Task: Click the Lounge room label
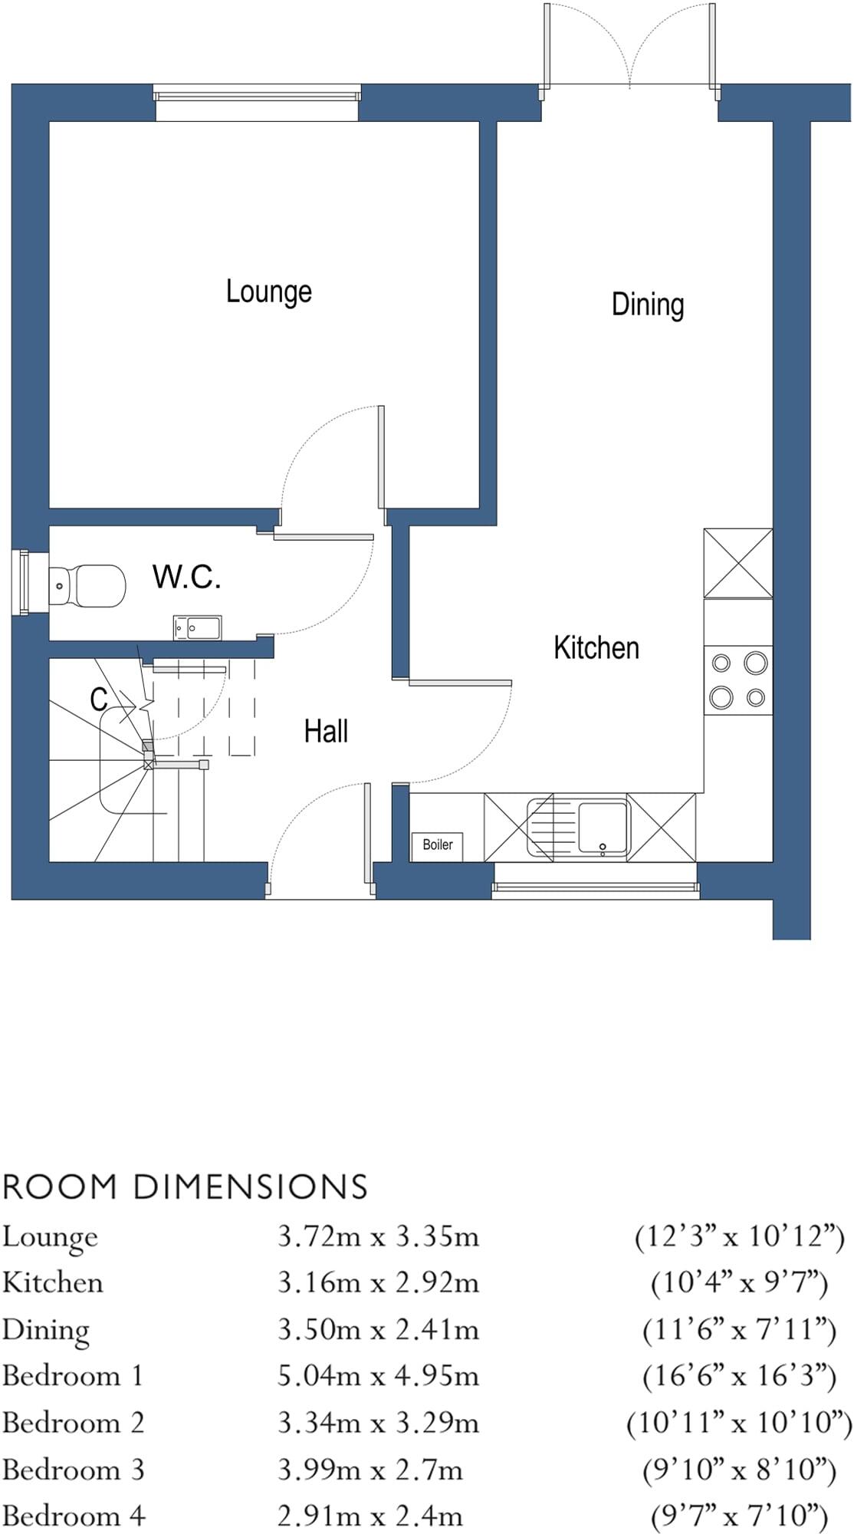pyautogui.click(x=269, y=292)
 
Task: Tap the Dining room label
pyautogui.click(x=648, y=304)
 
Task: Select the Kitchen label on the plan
pyautogui.click(x=596, y=648)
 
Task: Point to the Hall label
pyautogui.click(x=326, y=732)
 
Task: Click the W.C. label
pyautogui.click(x=187, y=577)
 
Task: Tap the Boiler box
pyautogui.click(x=438, y=845)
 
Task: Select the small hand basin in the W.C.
pyautogui.click(x=197, y=627)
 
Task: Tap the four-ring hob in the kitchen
pyautogui.click(x=738, y=680)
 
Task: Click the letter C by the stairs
pyautogui.click(x=99, y=700)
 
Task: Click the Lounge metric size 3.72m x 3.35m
pyautogui.click(x=378, y=1236)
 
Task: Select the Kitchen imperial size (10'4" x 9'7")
pyautogui.click(x=739, y=1283)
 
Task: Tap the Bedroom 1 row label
pyautogui.click(x=73, y=1376)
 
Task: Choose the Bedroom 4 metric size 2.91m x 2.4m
pyautogui.click(x=370, y=1516)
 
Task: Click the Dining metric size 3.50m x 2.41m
pyautogui.click(x=378, y=1330)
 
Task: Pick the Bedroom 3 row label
pyautogui.click(x=73, y=1470)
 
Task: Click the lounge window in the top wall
pyautogui.click(x=257, y=97)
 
